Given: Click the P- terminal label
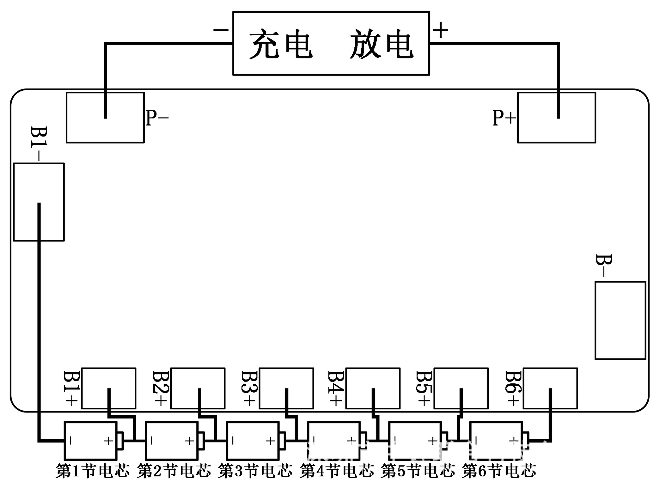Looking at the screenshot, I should coord(157,118).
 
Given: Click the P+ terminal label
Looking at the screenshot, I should coord(504,118).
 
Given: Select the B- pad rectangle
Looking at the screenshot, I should coord(620,320).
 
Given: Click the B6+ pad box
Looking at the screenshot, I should coord(550,388).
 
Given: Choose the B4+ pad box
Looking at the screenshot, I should coord(373,388).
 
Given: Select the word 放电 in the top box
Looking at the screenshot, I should coord(382,44).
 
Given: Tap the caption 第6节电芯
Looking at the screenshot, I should coord(499,471).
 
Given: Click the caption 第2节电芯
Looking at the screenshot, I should coord(174,471).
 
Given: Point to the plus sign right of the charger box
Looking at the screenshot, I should coord(440,30).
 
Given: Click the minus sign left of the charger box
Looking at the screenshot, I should coord(221,30).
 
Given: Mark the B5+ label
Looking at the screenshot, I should coord(423,388).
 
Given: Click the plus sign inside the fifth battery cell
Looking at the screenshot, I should coord(432,440).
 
